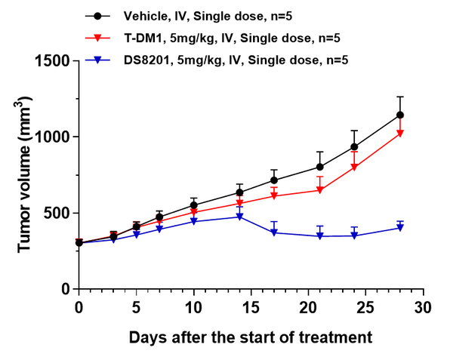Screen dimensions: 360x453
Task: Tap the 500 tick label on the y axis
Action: [x=59, y=213]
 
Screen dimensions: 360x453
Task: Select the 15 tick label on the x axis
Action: [x=251, y=307]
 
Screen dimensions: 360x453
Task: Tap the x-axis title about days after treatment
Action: [x=251, y=337]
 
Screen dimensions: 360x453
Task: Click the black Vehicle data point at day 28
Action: [x=400, y=115]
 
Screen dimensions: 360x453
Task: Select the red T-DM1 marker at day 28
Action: [x=400, y=134]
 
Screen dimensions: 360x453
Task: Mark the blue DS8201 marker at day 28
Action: [x=400, y=228]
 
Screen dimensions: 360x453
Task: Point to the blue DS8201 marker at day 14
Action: [x=240, y=217]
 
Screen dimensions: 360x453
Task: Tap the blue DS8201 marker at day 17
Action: [x=274, y=232]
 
